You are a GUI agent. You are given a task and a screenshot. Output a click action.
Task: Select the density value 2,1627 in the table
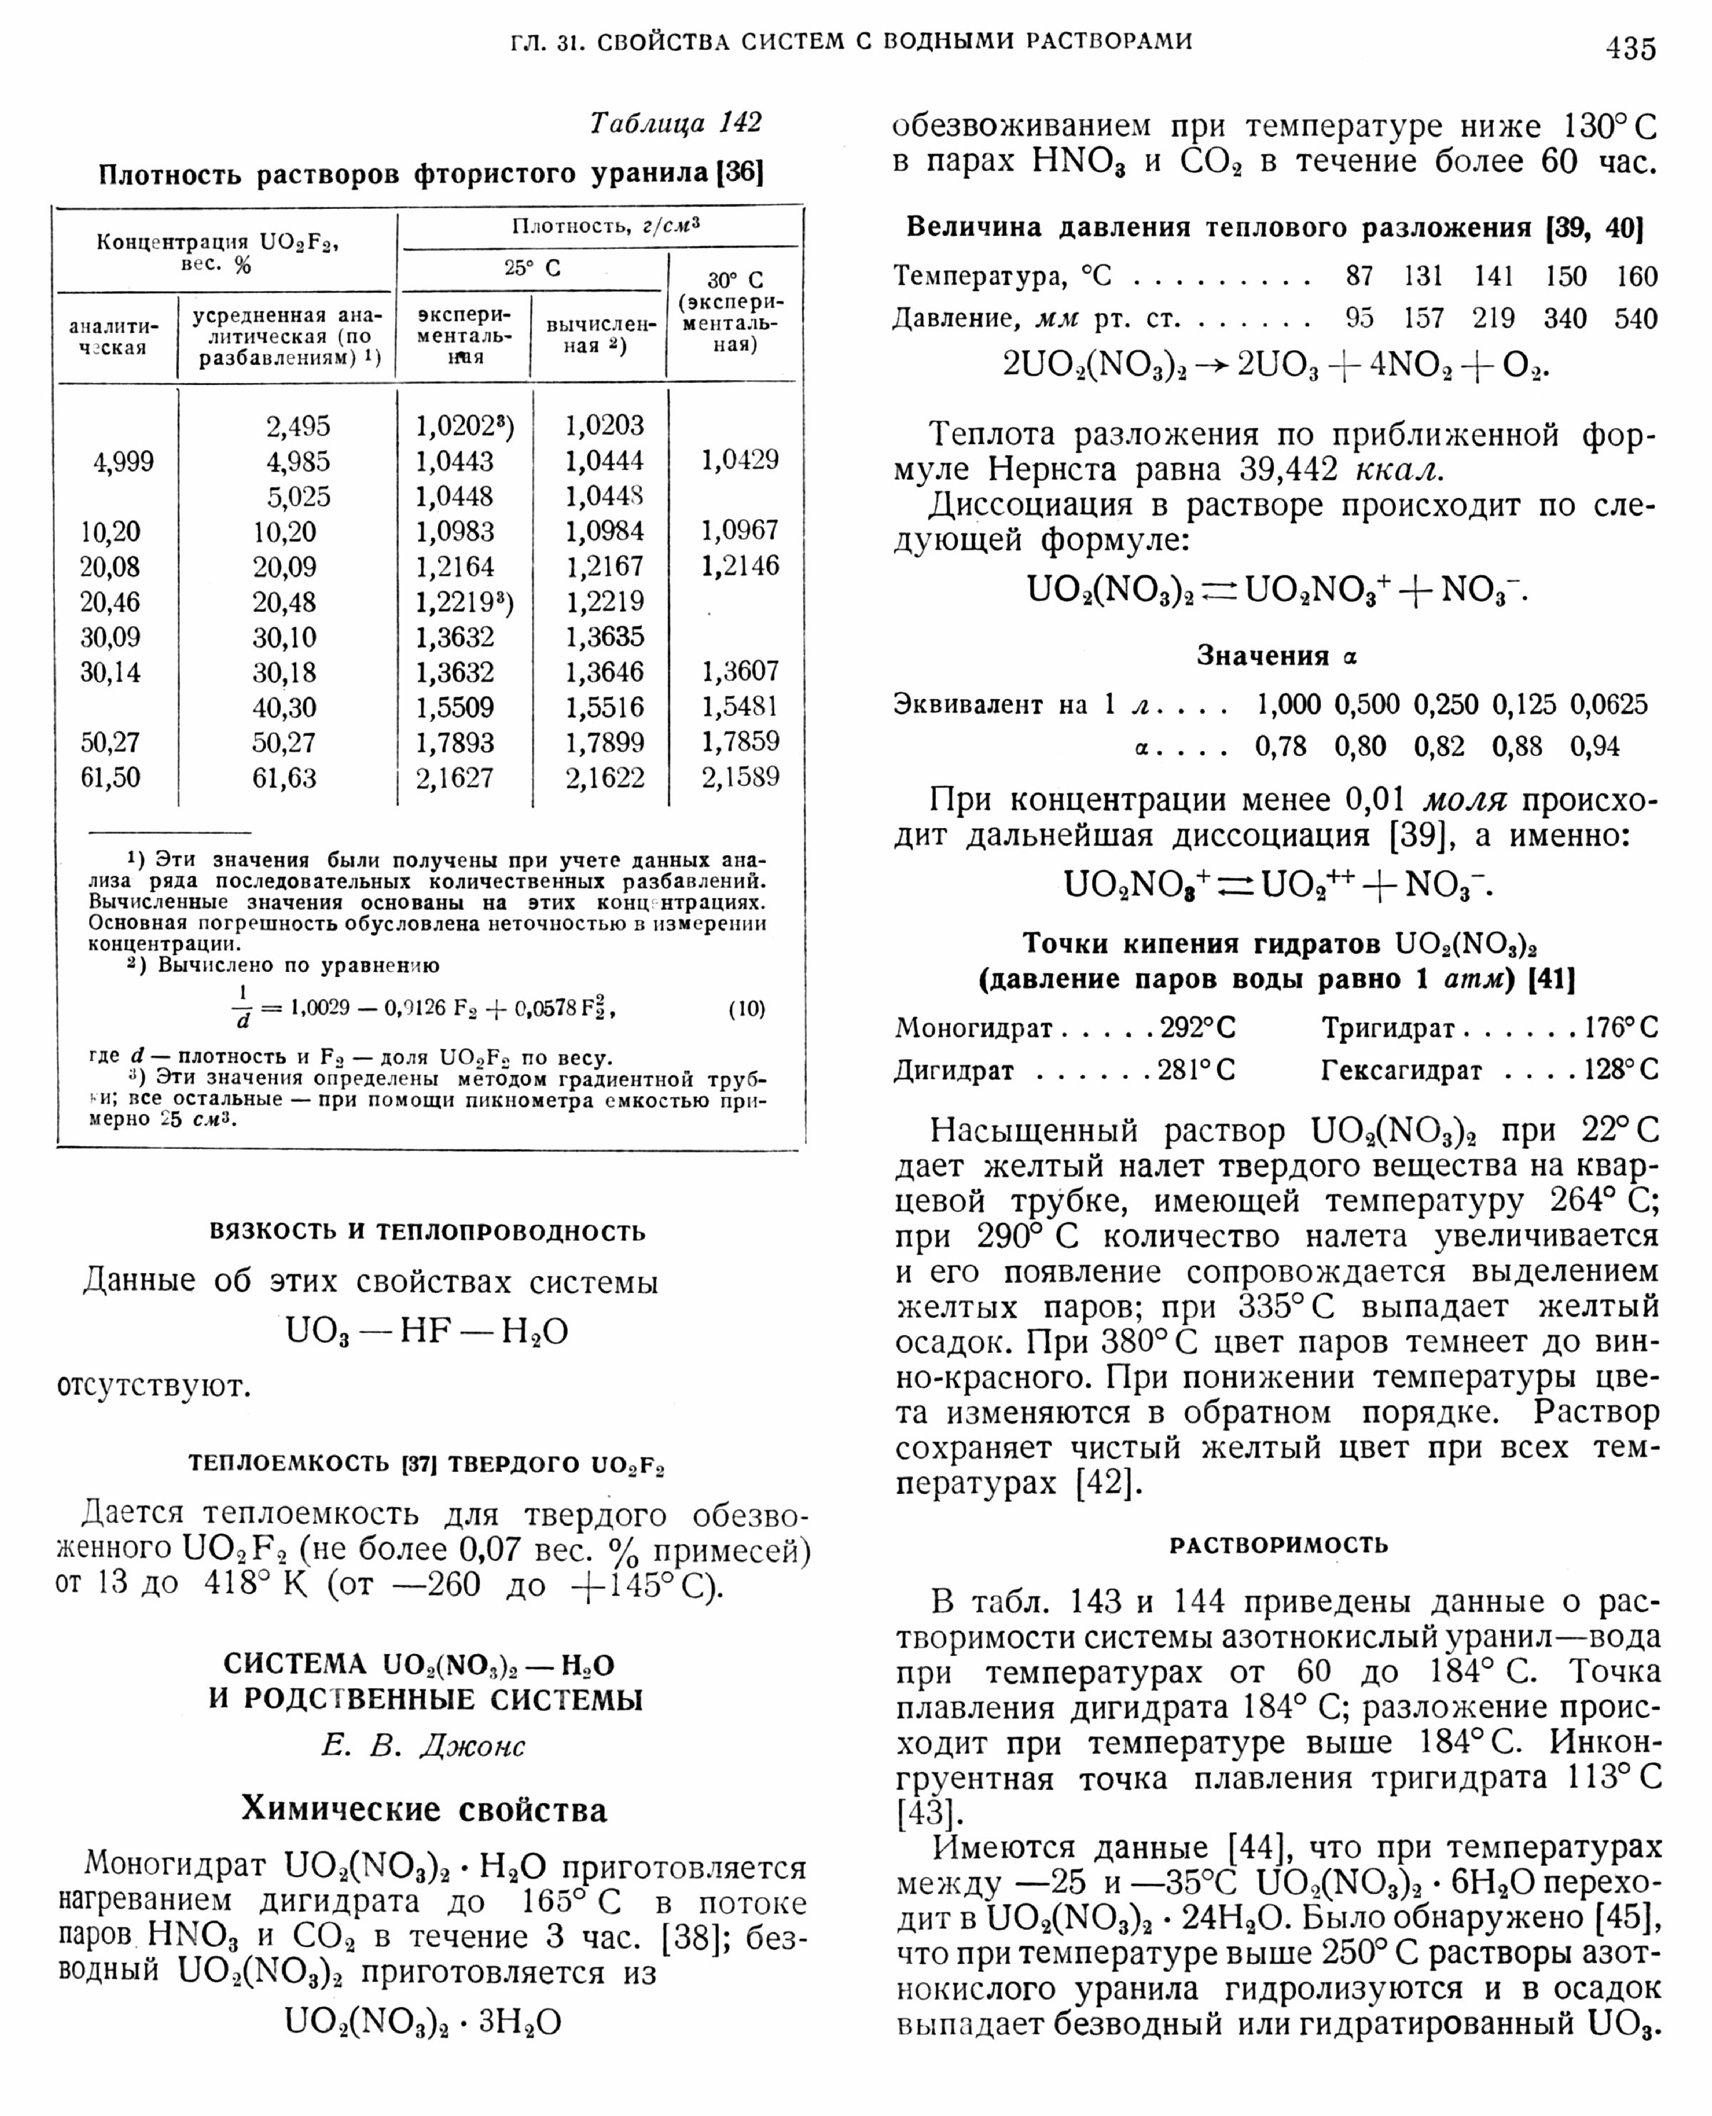pos(454,778)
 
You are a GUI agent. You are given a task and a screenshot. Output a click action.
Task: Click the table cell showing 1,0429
pos(740,459)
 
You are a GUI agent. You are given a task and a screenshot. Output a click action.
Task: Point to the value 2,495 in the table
pos(298,426)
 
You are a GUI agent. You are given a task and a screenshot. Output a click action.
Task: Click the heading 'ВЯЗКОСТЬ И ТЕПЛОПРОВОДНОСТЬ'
pos(427,1232)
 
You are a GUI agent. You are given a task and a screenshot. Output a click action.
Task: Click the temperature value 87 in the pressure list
pos(1359,276)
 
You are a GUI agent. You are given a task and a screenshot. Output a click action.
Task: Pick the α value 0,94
pos(1594,747)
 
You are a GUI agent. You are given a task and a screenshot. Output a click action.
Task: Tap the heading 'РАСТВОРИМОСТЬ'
pos(1278,1545)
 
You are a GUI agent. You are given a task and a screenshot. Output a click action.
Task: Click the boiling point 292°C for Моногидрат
pos(1197,1028)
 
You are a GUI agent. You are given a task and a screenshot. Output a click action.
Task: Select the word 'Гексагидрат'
pos(1402,1070)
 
